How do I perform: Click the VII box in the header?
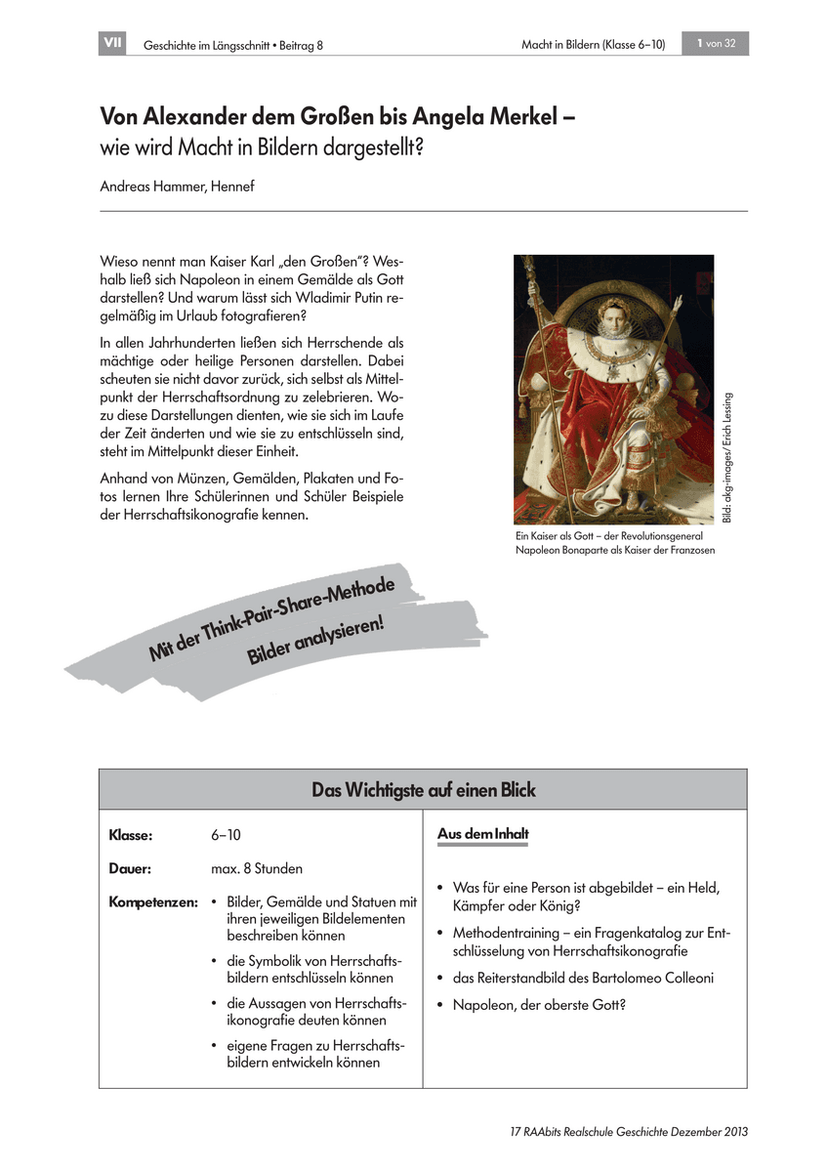pos(112,44)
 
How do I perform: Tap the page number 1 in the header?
pos(701,44)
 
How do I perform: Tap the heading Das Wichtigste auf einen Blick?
pos(423,789)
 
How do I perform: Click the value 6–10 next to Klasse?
pos(226,837)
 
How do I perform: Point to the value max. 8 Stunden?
pos(257,868)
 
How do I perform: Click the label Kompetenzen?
pos(153,901)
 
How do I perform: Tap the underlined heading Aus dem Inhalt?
pos(482,835)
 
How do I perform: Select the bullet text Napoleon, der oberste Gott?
pos(538,1004)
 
